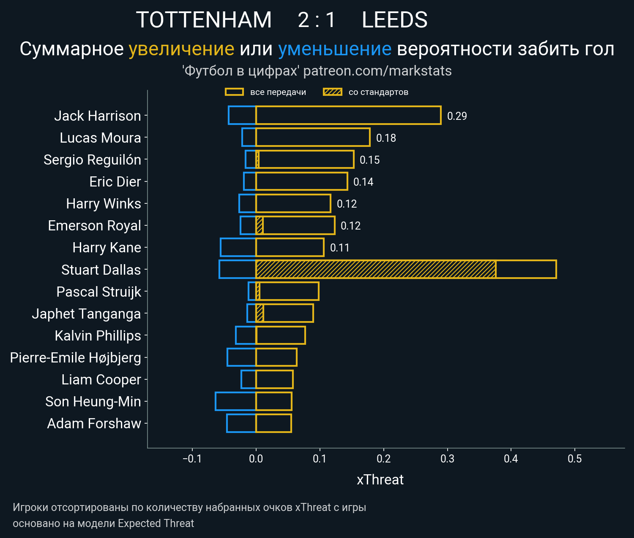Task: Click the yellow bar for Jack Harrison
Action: (348, 115)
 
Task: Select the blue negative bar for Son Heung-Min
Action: (235, 401)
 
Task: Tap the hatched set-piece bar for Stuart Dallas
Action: (376, 269)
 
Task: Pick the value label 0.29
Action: (457, 116)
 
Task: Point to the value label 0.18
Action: (386, 138)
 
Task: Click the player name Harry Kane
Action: (107, 248)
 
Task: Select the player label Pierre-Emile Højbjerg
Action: (75, 357)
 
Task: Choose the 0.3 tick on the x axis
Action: (447, 459)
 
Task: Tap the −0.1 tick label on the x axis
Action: (192, 459)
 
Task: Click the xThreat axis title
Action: (380, 480)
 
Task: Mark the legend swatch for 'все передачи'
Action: (234, 92)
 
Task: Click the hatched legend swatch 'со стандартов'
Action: (332, 92)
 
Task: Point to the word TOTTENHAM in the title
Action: (204, 20)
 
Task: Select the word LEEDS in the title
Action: (394, 20)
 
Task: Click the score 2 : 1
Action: (317, 20)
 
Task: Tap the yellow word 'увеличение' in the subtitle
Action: (181, 49)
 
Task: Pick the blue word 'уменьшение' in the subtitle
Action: (335, 49)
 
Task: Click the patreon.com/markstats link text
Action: (377, 71)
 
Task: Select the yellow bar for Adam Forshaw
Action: (273, 423)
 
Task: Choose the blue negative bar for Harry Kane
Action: (238, 247)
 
